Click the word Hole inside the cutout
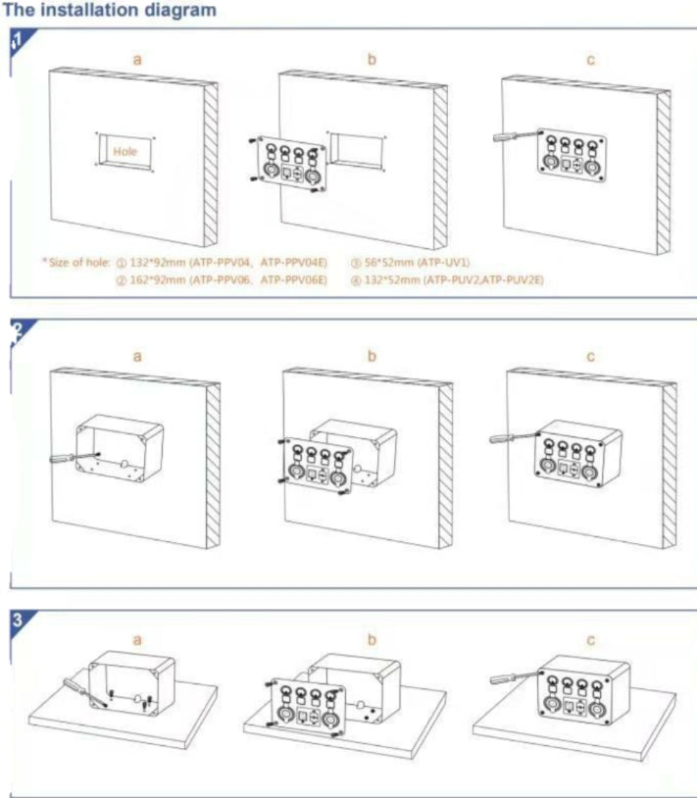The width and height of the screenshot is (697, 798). pyautogui.click(x=124, y=151)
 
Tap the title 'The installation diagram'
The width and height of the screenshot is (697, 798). pyautogui.click(x=110, y=10)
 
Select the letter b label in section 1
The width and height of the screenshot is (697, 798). pyautogui.click(x=372, y=60)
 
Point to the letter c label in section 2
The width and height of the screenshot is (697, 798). pyautogui.click(x=591, y=357)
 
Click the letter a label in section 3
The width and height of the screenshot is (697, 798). pyautogui.click(x=137, y=640)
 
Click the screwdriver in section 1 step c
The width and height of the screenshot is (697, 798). pyautogui.click(x=518, y=136)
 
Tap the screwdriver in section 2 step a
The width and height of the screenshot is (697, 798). pyautogui.click(x=75, y=457)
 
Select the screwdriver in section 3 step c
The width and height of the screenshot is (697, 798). pyautogui.click(x=515, y=677)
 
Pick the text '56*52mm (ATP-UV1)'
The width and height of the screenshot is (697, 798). pyautogui.click(x=417, y=263)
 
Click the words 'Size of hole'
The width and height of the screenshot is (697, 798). pyautogui.click(x=78, y=263)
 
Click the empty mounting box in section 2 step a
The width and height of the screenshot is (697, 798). pyautogui.click(x=120, y=448)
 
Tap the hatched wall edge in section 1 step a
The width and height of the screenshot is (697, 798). pyautogui.click(x=211, y=165)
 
